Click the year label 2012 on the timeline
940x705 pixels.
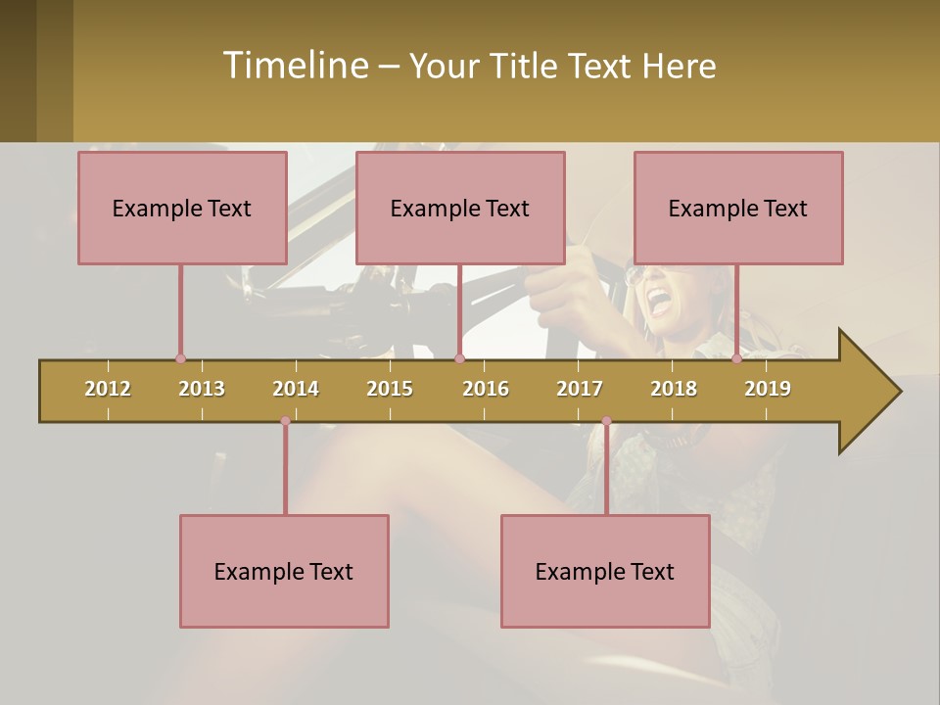click(x=108, y=389)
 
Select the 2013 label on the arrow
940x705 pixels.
click(x=202, y=389)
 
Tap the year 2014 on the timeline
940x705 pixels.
click(x=296, y=389)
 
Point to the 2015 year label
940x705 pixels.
click(x=390, y=389)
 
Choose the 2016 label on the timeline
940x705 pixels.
click(x=486, y=389)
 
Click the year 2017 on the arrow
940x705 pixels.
click(x=580, y=389)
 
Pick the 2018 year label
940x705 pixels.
click(x=674, y=389)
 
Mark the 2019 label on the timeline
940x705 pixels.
click(x=768, y=389)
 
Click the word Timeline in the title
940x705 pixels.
click(x=295, y=66)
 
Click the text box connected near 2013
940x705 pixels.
click(x=182, y=209)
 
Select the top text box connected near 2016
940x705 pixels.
click(x=460, y=209)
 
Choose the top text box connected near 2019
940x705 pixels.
click(x=738, y=209)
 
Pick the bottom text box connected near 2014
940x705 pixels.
click(x=284, y=572)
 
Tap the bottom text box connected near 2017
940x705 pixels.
click(x=605, y=572)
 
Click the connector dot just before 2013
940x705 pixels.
click(x=180, y=359)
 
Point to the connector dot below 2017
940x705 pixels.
click(x=606, y=421)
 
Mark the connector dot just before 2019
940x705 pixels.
click(x=736, y=359)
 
